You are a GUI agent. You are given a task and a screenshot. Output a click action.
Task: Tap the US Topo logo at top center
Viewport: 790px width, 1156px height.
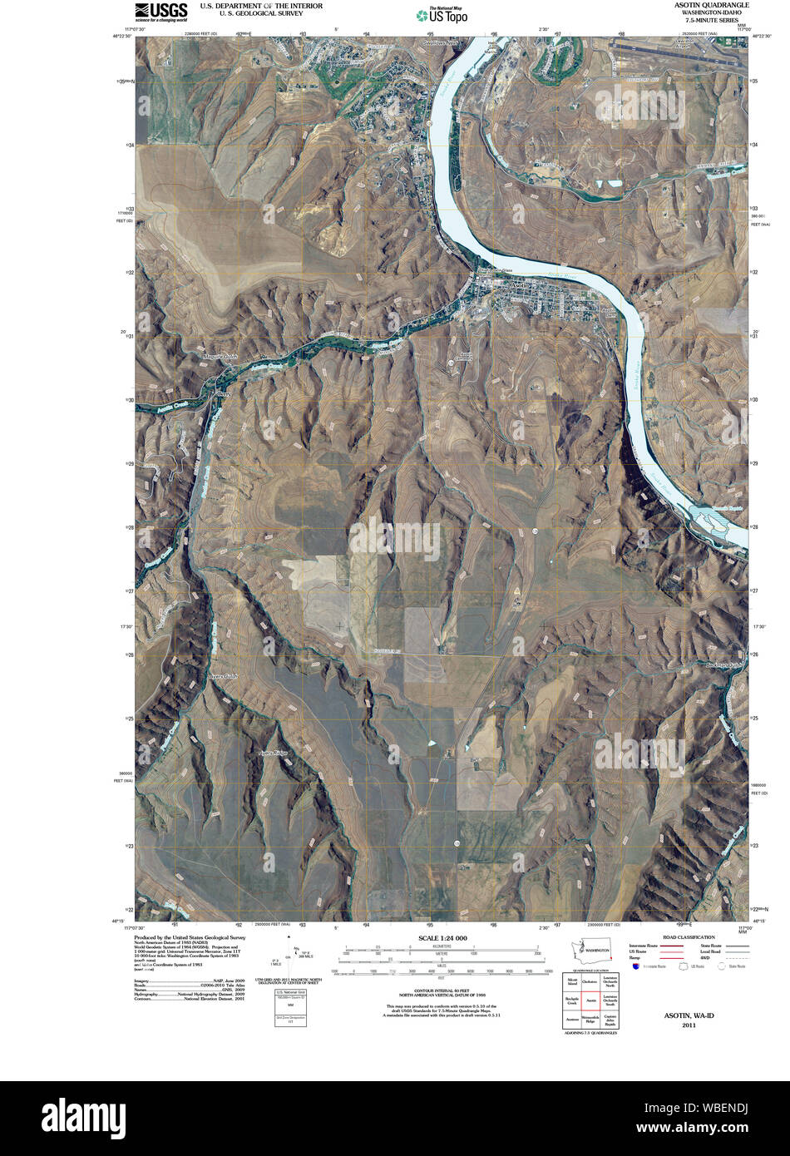point(442,14)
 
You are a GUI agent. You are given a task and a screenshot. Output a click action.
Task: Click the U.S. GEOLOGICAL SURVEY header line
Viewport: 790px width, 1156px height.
point(249,13)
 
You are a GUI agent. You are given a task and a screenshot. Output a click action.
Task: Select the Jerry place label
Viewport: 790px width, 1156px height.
point(221,394)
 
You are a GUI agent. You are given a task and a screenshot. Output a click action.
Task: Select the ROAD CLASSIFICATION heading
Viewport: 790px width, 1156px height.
point(684,937)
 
